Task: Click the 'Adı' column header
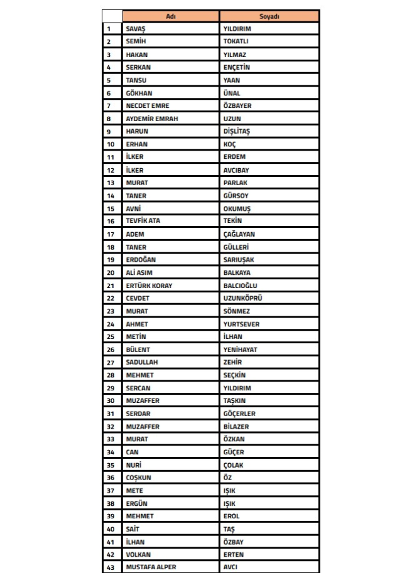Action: coord(170,16)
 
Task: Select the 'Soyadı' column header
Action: coord(269,16)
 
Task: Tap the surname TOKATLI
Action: coord(236,41)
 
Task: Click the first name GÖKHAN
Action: coord(139,93)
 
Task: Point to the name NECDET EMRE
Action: coord(148,105)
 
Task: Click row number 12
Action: coord(111,170)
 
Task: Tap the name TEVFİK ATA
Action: coord(143,221)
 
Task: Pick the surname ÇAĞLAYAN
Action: coord(239,234)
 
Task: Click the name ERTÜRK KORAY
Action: coord(149,286)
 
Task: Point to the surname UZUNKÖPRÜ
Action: coord(243,298)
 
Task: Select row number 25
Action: coord(111,337)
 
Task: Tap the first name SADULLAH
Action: coord(142,362)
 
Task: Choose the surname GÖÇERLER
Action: coord(239,414)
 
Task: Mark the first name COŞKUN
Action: coord(139,478)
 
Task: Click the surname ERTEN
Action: coord(234,555)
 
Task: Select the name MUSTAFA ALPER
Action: coord(151,567)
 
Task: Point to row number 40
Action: coord(111,529)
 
